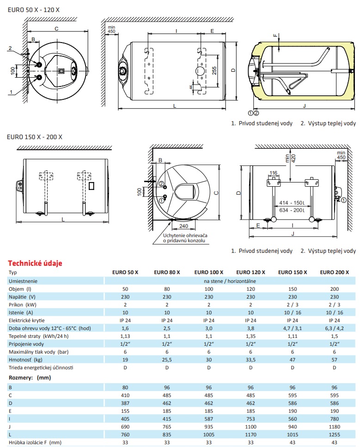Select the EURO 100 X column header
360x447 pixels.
click(209, 272)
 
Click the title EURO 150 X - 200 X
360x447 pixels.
click(35, 137)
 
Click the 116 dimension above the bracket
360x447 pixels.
click(274, 173)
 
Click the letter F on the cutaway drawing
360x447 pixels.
click(274, 35)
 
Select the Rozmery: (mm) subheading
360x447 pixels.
click(30, 377)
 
